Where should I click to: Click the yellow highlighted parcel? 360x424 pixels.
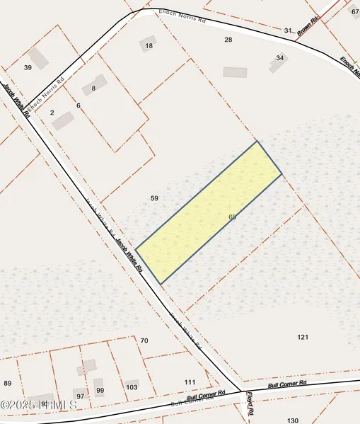[209, 212]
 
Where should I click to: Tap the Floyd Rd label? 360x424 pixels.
[250, 404]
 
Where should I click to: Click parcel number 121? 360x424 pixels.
[303, 337]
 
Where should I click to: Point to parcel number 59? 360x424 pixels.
[155, 198]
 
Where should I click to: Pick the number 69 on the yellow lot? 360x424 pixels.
[232, 217]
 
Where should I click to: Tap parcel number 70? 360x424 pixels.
[144, 340]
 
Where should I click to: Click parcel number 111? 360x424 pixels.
[190, 382]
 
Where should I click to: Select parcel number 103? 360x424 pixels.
[132, 387]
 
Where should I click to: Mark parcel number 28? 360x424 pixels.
[228, 40]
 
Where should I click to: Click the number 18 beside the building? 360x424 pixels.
[149, 46]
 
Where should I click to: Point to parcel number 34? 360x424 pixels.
[280, 57]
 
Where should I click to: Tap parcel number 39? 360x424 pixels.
[28, 67]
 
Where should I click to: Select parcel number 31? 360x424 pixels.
[288, 30]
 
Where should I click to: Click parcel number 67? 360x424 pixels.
[355, 12]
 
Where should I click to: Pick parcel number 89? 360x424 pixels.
[8, 383]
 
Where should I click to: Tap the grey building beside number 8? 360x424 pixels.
[99, 81]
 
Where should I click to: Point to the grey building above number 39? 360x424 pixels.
[39, 57]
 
